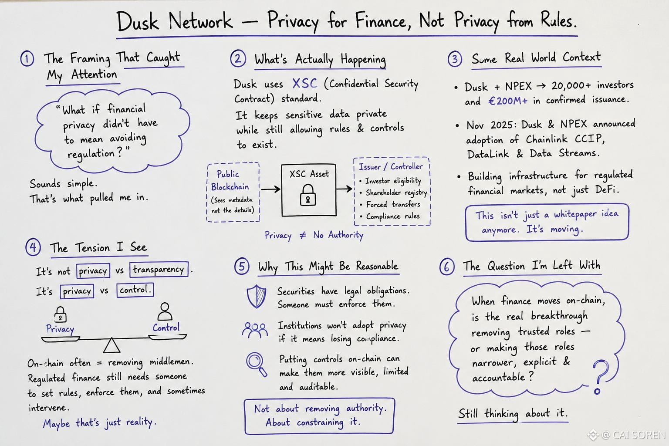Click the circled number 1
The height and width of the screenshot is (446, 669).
27,58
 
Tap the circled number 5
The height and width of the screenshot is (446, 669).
242,266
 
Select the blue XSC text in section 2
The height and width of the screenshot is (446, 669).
304,84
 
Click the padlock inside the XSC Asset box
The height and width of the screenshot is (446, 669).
308,195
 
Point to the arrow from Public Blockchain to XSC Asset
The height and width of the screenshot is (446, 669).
270,189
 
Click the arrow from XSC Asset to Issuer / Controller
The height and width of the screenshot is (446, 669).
345,189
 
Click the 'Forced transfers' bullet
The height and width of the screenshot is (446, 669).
390,204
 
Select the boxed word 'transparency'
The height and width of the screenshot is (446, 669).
159,270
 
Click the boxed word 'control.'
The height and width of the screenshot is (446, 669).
135,290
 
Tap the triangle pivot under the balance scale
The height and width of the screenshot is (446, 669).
111,345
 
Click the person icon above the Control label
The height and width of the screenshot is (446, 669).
165,311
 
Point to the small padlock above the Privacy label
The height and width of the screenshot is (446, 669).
61,314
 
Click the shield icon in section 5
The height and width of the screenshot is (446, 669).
257,296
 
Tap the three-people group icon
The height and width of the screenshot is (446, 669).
255,330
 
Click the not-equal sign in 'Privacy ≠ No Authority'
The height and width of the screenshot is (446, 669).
303,235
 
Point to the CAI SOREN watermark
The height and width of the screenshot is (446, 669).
627,435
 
